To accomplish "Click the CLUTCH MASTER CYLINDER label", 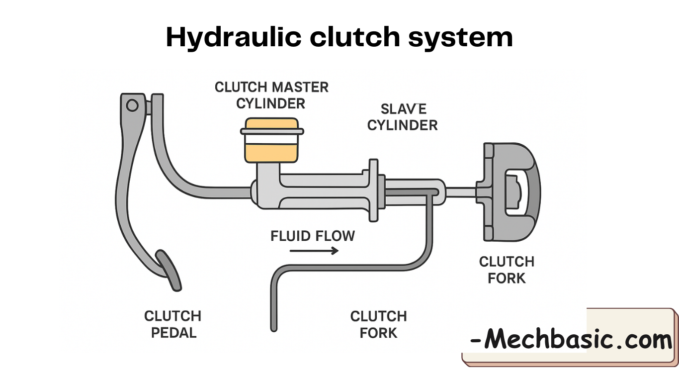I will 271,95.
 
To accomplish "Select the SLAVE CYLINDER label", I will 403,117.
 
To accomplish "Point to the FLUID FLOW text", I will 313,235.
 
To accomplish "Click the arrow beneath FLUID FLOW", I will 314,251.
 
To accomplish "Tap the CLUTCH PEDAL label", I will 173,324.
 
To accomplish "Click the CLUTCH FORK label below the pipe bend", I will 378,324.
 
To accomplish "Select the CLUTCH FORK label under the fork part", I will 507,270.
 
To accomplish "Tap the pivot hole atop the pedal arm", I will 132,105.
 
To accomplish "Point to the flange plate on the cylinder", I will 374,191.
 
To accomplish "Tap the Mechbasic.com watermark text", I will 571,340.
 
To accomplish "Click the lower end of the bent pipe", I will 274,323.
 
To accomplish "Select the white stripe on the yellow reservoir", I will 271,141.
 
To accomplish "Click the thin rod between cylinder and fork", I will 460,191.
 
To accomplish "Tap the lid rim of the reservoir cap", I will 271,131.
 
